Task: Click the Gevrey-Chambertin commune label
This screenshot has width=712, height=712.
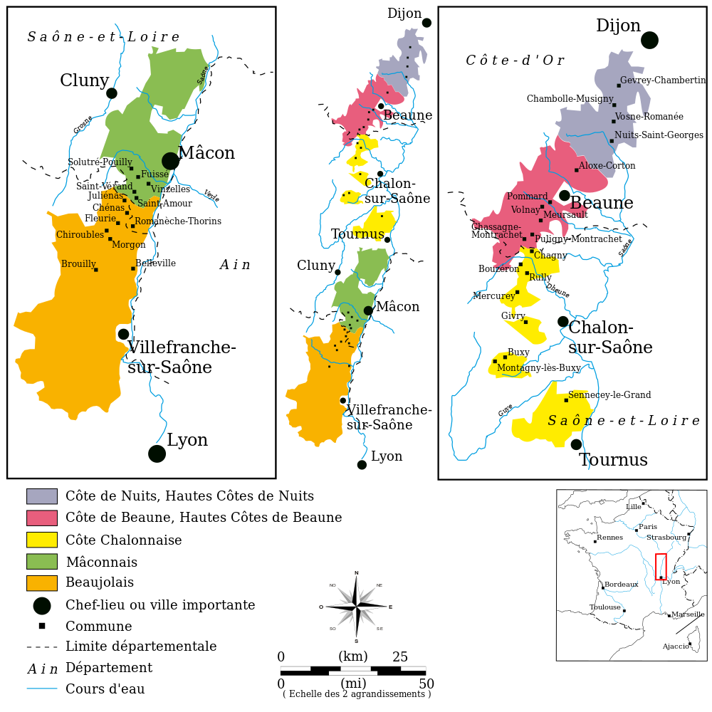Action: [662, 80]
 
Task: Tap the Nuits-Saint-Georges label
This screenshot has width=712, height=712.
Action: [659, 135]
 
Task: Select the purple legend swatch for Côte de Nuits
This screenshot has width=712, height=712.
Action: [41, 496]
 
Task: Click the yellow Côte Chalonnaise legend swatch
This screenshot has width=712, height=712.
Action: [41, 540]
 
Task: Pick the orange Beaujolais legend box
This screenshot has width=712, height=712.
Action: [41, 583]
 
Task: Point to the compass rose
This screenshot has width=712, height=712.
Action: [356, 607]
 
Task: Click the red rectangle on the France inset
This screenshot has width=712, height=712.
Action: [661, 567]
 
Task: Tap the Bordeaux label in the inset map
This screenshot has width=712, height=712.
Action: [621, 585]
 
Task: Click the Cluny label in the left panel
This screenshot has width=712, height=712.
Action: [84, 81]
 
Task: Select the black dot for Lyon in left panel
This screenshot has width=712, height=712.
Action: [157, 454]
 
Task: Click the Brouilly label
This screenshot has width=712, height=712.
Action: [78, 264]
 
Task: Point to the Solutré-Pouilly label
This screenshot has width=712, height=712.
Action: [100, 162]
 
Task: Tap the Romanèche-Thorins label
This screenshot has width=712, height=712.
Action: [178, 221]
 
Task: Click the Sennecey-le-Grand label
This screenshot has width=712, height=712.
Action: [609, 395]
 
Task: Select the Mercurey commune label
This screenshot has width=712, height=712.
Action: [493, 296]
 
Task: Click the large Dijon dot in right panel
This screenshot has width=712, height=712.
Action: [649, 40]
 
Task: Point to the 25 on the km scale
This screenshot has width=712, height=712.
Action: [400, 656]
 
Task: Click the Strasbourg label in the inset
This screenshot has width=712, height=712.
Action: [666, 538]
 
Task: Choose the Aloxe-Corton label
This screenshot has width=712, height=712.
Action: [607, 166]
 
